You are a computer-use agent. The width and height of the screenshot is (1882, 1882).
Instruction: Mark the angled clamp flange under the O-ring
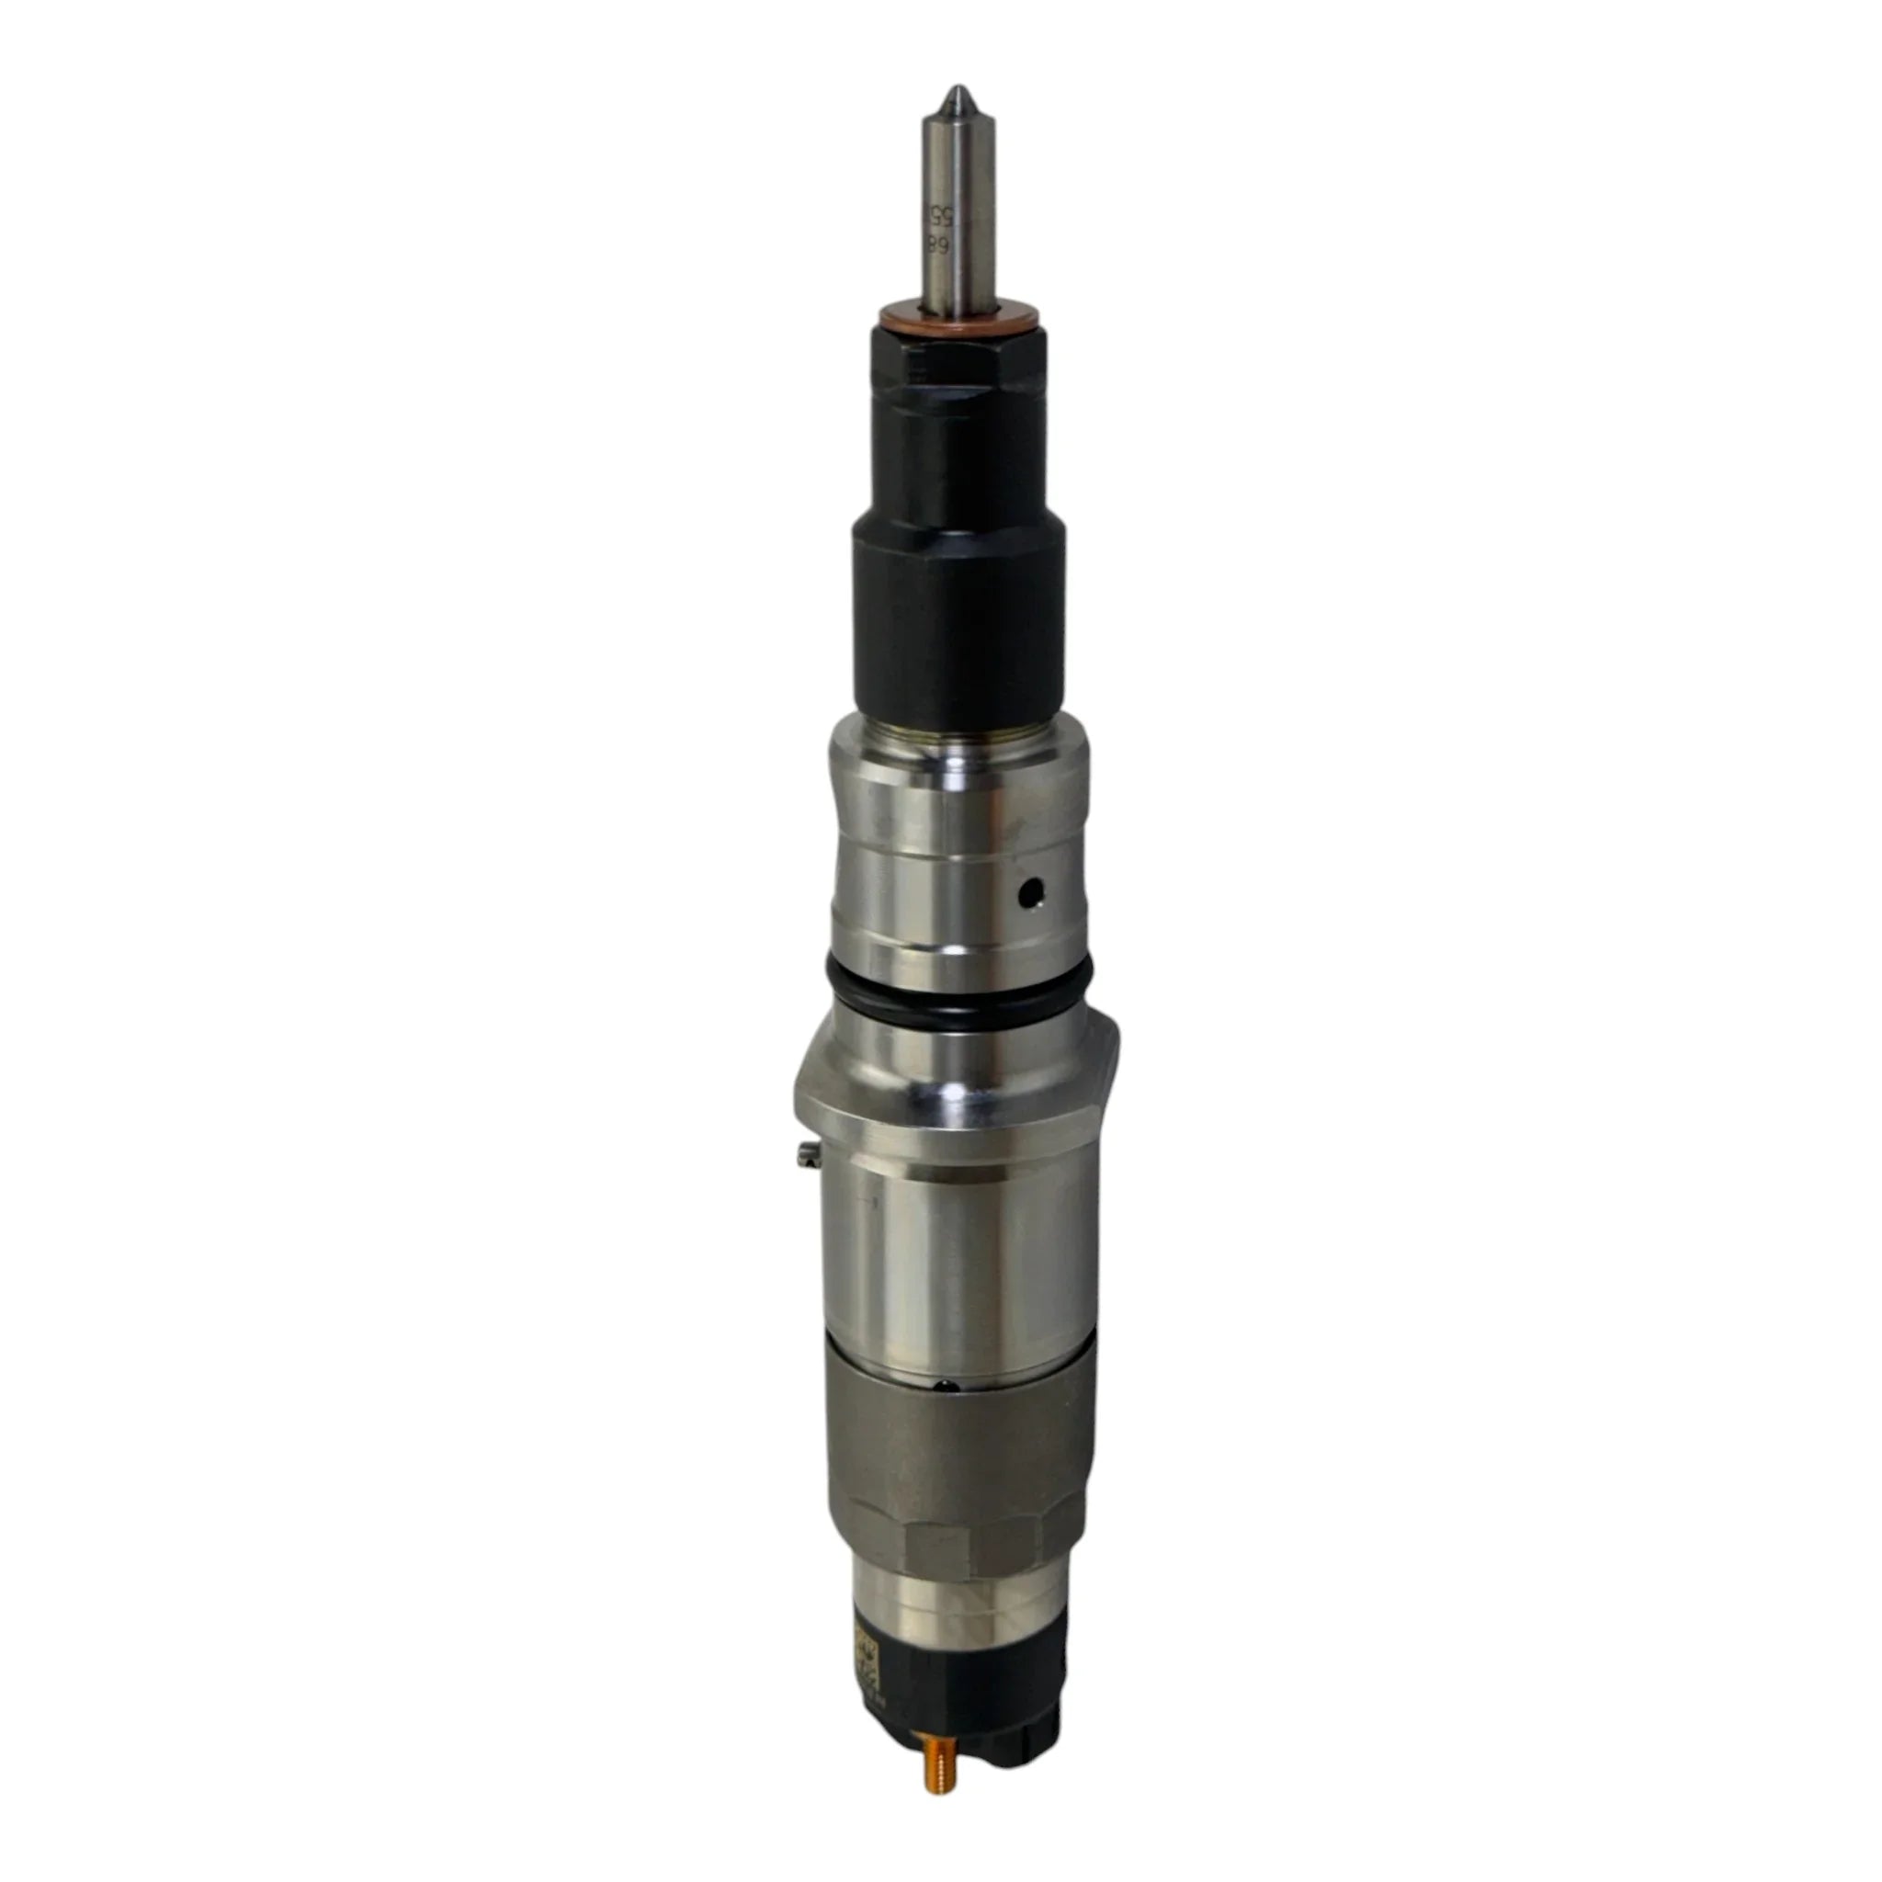click(x=959, y=1096)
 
